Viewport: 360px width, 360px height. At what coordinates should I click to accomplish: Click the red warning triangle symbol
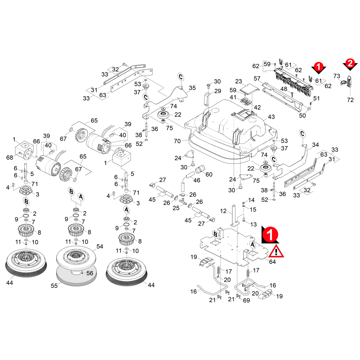pyautogui.click(x=276, y=251)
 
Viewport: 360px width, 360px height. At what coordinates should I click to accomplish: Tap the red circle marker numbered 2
pyautogui.click(x=350, y=63)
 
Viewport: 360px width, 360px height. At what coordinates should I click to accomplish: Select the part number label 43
pyautogui.click(x=271, y=117)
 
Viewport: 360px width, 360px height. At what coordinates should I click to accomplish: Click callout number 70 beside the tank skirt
pyautogui.click(x=177, y=141)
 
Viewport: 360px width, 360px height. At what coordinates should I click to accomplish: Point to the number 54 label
pyautogui.click(x=100, y=247)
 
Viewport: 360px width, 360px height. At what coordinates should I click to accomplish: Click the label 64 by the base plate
pyautogui.click(x=272, y=262)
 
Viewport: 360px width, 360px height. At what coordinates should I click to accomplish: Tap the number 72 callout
pyautogui.click(x=350, y=100)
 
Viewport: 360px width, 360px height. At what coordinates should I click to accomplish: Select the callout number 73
pyautogui.click(x=337, y=76)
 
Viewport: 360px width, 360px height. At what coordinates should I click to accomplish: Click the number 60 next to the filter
pyautogui.click(x=209, y=174)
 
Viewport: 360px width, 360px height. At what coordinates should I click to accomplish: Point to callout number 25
pyautogui.click(x=176, y=208)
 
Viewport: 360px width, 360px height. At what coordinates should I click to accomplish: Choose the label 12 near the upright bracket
pyautogui.click(x=223, y=211)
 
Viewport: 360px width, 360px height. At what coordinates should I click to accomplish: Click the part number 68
pyautogui.click(x=10, y=157)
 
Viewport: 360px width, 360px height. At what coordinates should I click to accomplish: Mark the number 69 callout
pyautogui.click(x=246, y=300)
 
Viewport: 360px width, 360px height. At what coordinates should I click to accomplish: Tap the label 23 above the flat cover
pyautogui.click(x=239, y=81)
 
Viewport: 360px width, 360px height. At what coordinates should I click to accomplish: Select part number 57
pyautogui.click(x=257, y=79)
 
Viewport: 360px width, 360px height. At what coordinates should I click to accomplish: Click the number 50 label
pyautogui.click(x=302, y=115)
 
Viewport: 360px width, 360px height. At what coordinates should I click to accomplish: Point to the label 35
pyautogui.click(x=192, y=88)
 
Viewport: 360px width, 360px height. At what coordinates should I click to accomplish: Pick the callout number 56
pyautogui.click(x=90, y=273)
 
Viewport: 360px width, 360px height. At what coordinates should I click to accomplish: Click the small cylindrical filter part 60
pyautogui.click(x=199, y=170)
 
